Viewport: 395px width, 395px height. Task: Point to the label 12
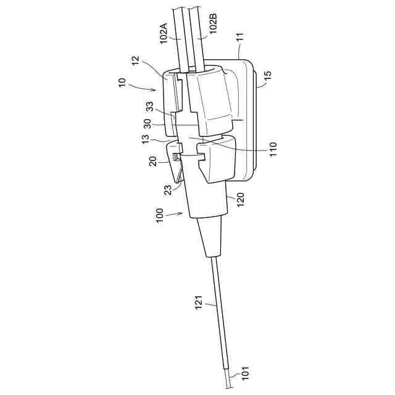pyautogui.click(x=137, y=64)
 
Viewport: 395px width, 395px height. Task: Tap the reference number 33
pyautogui.click(x=149, y=107)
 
